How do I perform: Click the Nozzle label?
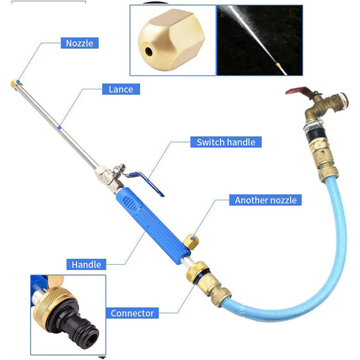[80, 43]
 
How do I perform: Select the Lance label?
[121, 89]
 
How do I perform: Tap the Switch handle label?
[226, 142]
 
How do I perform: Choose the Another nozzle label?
[265, 200]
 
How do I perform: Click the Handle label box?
[86, 264]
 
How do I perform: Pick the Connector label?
[132, 313]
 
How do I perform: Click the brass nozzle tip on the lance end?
[16, 84]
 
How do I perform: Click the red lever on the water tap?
[298, 91]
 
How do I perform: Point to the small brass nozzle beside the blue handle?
[191, 242]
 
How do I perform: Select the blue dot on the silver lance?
[59, 127]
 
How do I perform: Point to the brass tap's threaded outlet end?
[342, 101]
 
